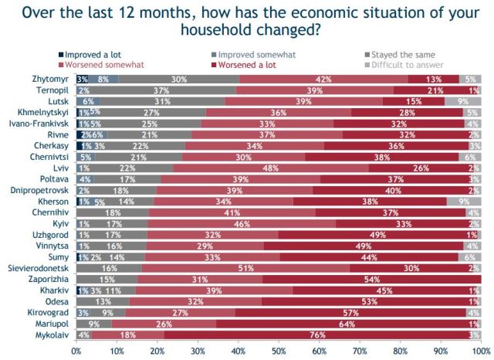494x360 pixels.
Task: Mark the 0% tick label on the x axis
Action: click(x=76, y=351)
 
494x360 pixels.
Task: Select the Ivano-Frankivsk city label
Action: click(x=39, y=122)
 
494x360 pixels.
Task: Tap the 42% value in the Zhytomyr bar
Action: click(x=323, y=79)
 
